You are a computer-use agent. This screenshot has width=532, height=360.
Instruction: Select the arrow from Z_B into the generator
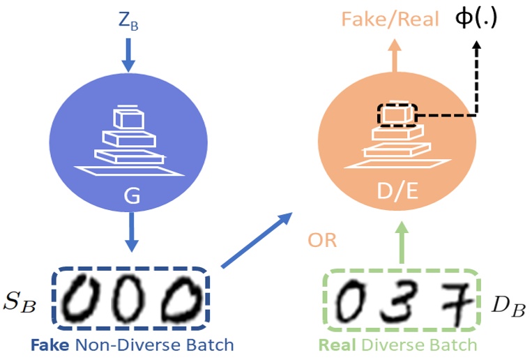coord(129,54)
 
